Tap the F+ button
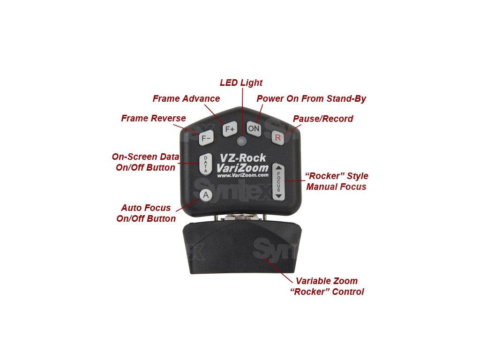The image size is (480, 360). pos(230,129)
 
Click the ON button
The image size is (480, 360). pos(254,128)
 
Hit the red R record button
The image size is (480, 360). pos(278,137)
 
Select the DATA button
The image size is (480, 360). pos(205,165)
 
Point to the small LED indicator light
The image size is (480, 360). pos(242,141)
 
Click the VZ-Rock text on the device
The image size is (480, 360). pos(242,158)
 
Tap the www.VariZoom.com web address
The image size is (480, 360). pos(243,175)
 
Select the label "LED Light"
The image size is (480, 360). pos(241,83)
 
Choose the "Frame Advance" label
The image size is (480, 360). pos(186,98)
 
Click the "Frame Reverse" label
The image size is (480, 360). pos(153,118)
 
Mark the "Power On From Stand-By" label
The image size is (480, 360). pos(311,98)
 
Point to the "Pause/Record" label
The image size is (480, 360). pos(323,119)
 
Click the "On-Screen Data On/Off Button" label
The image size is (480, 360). pos(145,162)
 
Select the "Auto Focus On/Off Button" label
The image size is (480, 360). pos(146,213)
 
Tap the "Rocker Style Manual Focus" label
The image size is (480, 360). pos(337,181)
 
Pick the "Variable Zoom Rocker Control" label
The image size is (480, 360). pos(326,286)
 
